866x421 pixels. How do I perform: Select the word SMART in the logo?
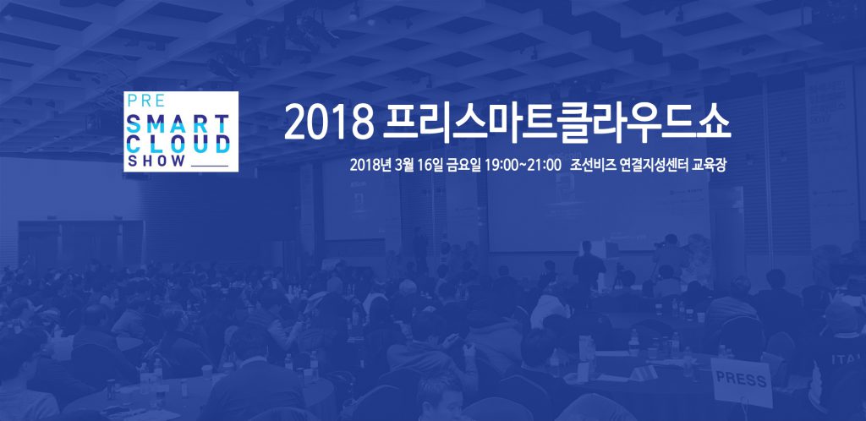178,123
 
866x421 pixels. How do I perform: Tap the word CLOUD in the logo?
178,144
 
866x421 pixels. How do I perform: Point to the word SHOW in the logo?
156,161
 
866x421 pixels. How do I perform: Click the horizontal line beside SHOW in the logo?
209,166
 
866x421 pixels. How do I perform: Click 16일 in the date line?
431,166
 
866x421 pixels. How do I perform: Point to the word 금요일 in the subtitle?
464,166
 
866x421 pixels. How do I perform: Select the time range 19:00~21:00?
523,166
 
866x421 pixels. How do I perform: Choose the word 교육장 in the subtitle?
708,166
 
